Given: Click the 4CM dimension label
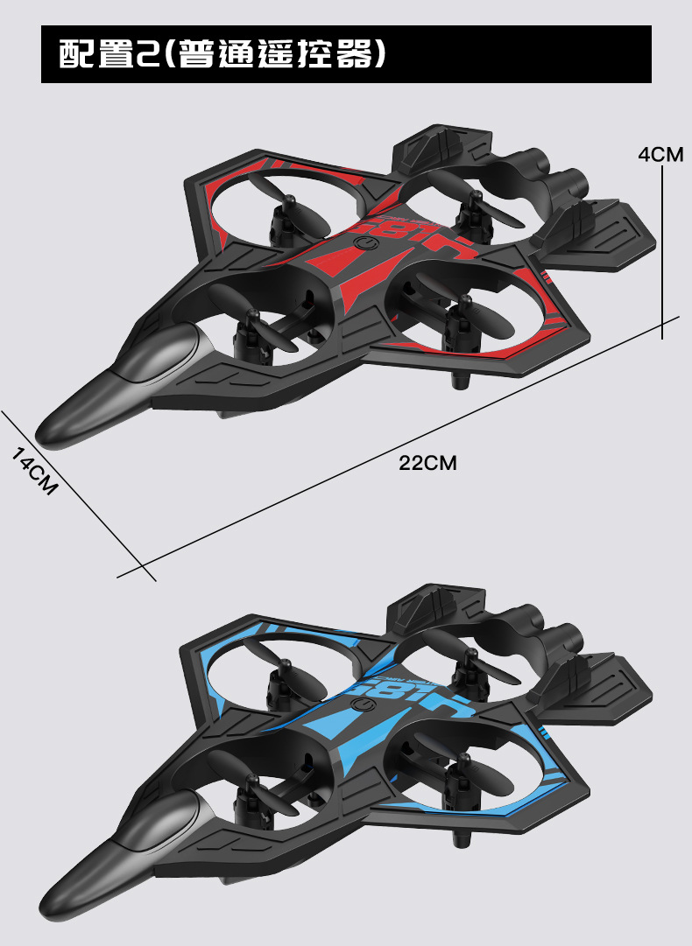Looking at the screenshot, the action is click(x=660, y=154).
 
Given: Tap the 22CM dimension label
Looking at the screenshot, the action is click(x=427, y=463).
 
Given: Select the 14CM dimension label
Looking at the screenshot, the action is click(x=34, y=471).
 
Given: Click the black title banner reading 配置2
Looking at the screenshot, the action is click(x=346, y=54).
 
